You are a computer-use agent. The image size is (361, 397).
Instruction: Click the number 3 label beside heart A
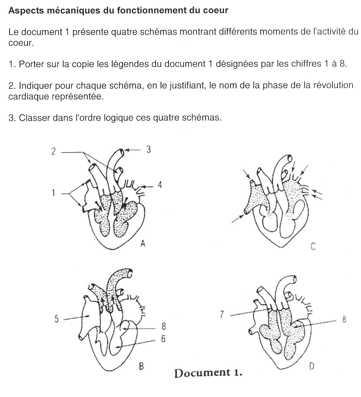[148, 149]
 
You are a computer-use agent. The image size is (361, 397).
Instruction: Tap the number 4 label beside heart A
[160, 185]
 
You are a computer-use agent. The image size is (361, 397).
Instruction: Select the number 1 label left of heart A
[53, 193]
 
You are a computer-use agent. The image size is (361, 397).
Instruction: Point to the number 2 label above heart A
[53, 151]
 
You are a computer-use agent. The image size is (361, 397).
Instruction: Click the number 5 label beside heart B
[57, 319]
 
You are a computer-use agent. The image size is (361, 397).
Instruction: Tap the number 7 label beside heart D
[222, 314]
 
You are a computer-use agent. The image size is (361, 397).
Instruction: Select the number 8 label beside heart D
[344, 319]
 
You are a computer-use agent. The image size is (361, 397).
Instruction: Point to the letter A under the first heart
[143, 243]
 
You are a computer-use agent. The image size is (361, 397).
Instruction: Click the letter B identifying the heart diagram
[141, 366]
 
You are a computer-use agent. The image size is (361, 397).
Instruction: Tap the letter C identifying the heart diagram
[313, 247]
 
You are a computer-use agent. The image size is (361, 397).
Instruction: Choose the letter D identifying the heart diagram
[312, 366]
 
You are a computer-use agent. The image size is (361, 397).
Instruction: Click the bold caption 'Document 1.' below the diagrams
[208, 373]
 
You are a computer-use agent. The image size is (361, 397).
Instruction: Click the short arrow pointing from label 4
[148, 187]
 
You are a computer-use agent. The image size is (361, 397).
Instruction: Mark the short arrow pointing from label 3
[133, 150]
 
